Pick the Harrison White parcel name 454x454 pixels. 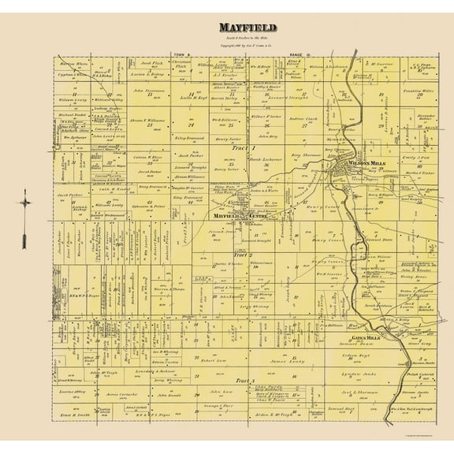(x=73, y=62)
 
